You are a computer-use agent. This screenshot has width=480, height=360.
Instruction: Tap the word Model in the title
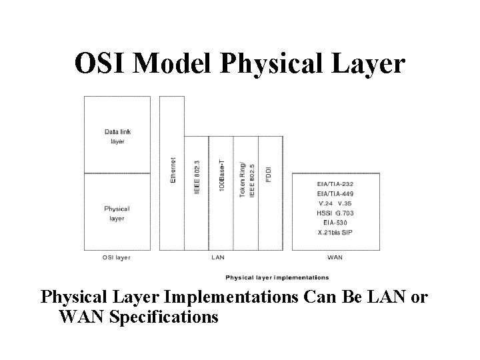coord(173,64)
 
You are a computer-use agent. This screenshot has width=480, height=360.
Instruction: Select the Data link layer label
coord(117,136)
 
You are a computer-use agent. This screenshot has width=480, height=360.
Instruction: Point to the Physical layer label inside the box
coord(117,213)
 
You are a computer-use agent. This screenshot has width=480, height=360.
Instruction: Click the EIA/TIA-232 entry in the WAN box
coord(335,183)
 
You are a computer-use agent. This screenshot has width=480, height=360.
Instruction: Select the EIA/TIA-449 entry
coord(335,193)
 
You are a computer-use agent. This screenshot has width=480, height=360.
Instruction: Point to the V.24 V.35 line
coord(335,203)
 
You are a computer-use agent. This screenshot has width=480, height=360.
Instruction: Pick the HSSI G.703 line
coord(335,213)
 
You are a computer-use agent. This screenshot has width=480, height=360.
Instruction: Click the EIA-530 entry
coord(335,223)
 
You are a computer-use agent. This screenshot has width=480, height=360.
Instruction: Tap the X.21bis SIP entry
coord(335,233)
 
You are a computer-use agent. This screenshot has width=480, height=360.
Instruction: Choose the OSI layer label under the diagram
coord(116,257)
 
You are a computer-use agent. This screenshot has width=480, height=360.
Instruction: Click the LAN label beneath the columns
coord(217,257)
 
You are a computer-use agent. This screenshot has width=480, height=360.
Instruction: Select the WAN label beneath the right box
coord(335,257)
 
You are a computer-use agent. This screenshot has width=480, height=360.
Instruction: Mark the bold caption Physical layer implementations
coord(277,277)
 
